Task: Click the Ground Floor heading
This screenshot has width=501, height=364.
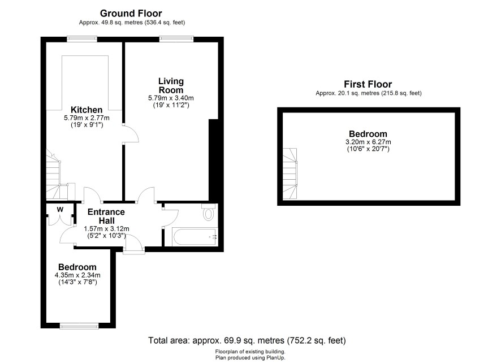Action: (131, 14)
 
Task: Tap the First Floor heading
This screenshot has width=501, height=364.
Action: (368, 84)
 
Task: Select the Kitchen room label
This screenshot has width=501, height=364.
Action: (87, 110)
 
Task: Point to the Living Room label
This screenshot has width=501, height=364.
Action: (171, 85)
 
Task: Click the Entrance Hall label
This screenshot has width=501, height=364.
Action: (106, 216)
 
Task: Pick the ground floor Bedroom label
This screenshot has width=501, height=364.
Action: (77, 267)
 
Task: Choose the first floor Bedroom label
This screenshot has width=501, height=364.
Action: (368, 134)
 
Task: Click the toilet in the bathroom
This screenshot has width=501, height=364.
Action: (209, 212)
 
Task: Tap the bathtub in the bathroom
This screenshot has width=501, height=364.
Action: (195, 237)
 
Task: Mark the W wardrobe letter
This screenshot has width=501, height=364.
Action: (60, 210)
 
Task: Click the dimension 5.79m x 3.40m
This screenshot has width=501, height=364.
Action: (171, 98)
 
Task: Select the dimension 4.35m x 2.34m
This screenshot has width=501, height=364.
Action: (77, 275)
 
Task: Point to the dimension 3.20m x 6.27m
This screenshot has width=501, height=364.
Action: (368, 142)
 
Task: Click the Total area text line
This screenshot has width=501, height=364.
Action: (247, 340)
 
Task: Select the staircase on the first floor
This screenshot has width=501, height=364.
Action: (290, 174)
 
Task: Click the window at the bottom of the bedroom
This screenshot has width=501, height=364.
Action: (79, 326)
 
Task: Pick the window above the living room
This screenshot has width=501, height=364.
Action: (176, 39)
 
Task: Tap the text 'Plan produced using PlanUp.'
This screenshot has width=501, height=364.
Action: (250, 358)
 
